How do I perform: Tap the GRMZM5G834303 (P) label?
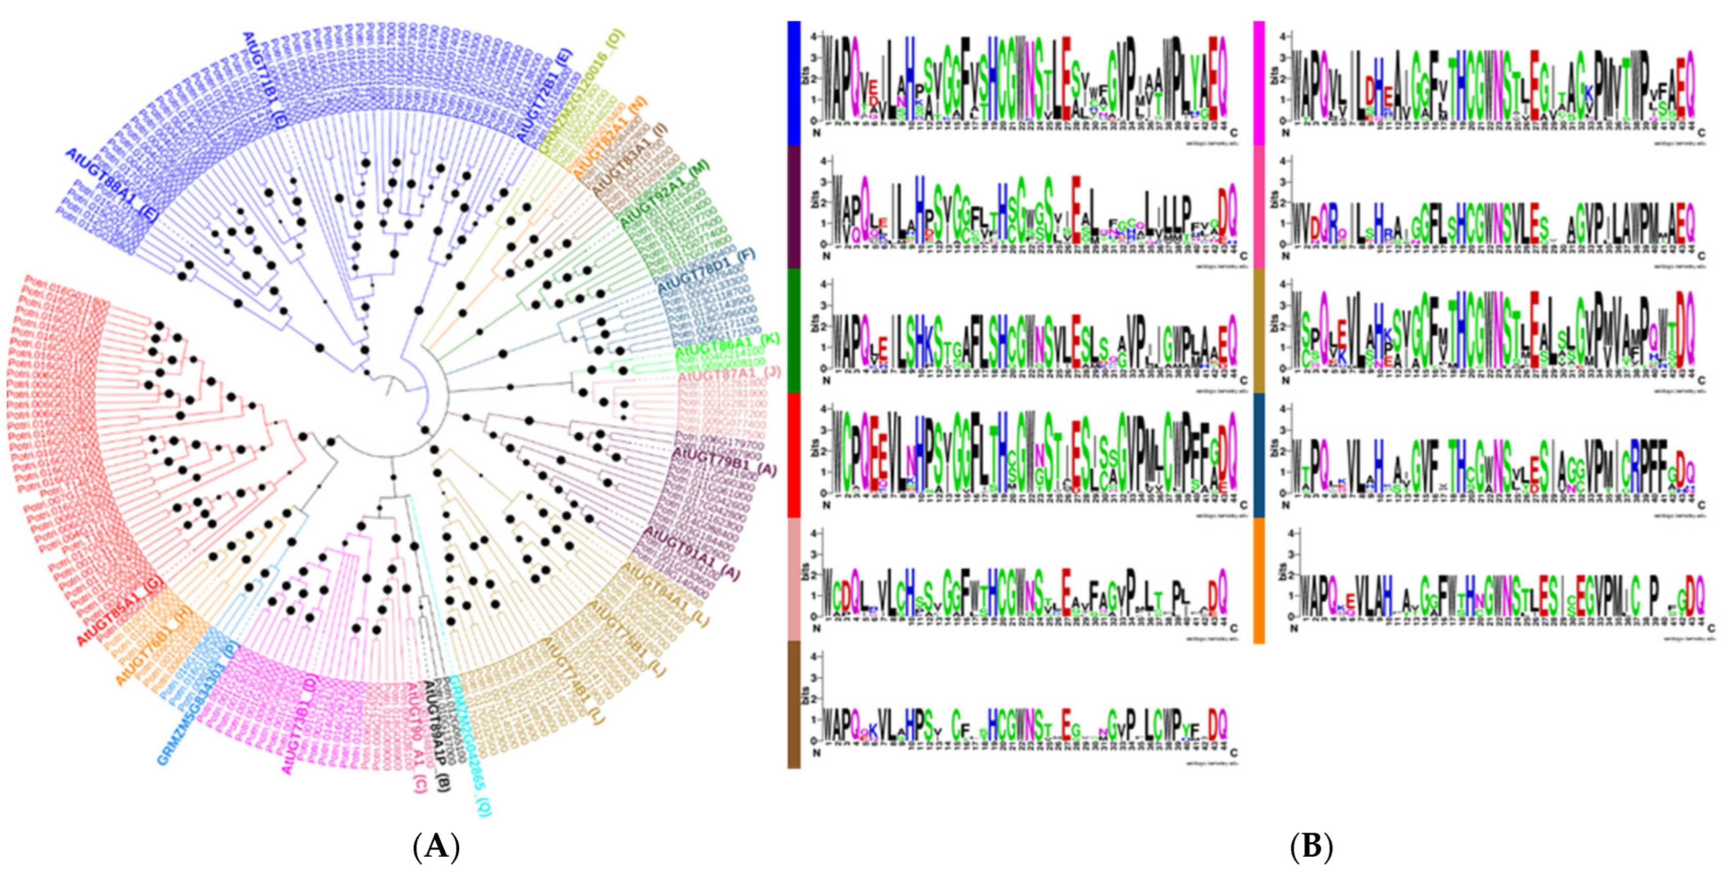point(198,711)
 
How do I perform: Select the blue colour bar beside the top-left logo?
point(794,83)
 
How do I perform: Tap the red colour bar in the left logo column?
point(794,455)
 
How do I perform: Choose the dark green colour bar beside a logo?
point(794,330)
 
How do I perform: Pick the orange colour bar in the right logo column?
point(1259,580)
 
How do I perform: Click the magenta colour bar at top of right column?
point(1259,83)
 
